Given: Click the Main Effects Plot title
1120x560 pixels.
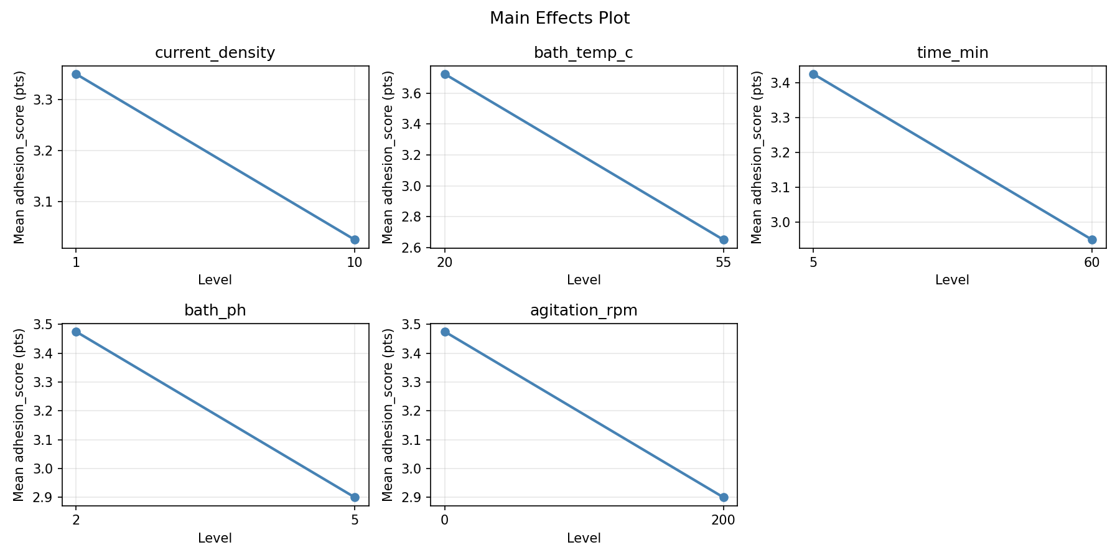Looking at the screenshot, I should (x=559, y=18).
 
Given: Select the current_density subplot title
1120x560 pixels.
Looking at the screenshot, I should (x=215, y=53).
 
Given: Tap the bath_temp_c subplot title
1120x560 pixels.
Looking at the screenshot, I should (x=584, y=53).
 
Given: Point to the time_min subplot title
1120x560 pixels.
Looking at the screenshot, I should (x=953, y=53).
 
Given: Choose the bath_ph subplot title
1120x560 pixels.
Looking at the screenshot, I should (x=215, y=310).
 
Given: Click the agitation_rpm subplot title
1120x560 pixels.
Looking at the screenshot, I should (x=584, y=310).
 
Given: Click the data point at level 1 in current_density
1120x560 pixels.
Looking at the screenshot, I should (x=76, y=74).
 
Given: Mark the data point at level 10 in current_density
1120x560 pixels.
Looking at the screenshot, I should (x=355, y=240).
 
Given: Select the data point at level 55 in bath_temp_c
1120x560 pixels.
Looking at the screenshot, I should (x=724, y=240).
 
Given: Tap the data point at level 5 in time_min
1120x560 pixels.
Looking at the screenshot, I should (x=813, y=74).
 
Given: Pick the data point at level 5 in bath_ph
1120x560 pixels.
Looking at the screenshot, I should (x=355, y=497).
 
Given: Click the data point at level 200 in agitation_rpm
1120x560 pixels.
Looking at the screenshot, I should (x=724, y=497).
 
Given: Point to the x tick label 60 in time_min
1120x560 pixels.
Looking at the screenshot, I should (x=1092, y=263).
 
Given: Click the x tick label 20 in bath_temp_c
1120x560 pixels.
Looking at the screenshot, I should (x=444, y=263).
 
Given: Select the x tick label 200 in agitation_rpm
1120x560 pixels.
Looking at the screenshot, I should (x=724, y=520).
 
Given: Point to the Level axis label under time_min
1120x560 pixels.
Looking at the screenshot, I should (x=953, y=280).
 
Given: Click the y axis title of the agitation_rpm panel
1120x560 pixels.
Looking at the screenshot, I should (x=388, y=414).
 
